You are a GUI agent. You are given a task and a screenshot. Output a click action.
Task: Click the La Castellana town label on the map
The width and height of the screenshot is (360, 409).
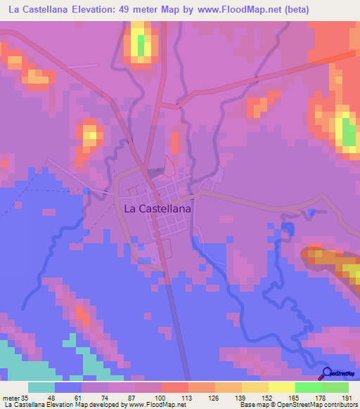(157, 209)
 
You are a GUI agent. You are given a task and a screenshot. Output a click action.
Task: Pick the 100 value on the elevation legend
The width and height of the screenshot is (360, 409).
(161, 397)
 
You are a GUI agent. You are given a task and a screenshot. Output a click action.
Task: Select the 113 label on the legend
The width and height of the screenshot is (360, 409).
(188, 397)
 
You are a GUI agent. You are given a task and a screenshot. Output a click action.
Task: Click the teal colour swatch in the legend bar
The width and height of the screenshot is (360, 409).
(41, 387)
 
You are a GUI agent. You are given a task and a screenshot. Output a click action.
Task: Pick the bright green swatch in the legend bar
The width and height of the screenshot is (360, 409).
(308, 387)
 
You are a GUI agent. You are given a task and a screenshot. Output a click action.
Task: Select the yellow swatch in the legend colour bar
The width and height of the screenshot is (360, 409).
(281, 387)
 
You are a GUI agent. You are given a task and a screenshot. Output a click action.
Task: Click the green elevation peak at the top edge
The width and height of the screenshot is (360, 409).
(142, 45)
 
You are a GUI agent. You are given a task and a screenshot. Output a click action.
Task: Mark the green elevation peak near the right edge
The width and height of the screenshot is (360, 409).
(348, 132)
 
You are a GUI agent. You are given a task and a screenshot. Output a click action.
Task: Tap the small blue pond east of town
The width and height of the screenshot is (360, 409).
(311, 212)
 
